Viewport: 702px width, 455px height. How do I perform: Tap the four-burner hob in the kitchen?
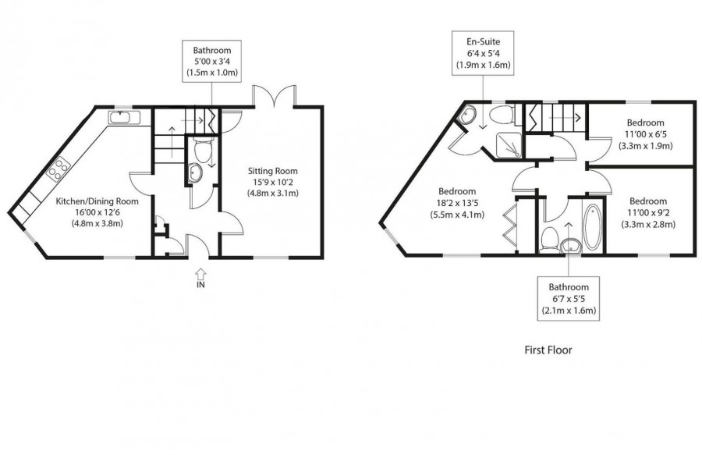point(58,169)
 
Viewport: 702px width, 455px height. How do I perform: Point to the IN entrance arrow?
point(200,275)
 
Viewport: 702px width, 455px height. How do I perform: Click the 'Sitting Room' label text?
point(272,171)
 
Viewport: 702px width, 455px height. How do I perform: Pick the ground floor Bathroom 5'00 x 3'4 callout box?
point(211,61)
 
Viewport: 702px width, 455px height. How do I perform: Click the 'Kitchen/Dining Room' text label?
point(97,201)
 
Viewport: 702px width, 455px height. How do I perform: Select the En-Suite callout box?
point(483,53)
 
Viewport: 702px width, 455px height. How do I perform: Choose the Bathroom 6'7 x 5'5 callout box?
point(569,299)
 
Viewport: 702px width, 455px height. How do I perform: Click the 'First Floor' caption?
point(548,350)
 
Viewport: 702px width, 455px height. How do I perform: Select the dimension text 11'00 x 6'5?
point(645,133)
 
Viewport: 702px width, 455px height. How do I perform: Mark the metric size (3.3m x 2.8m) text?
point(647,224)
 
